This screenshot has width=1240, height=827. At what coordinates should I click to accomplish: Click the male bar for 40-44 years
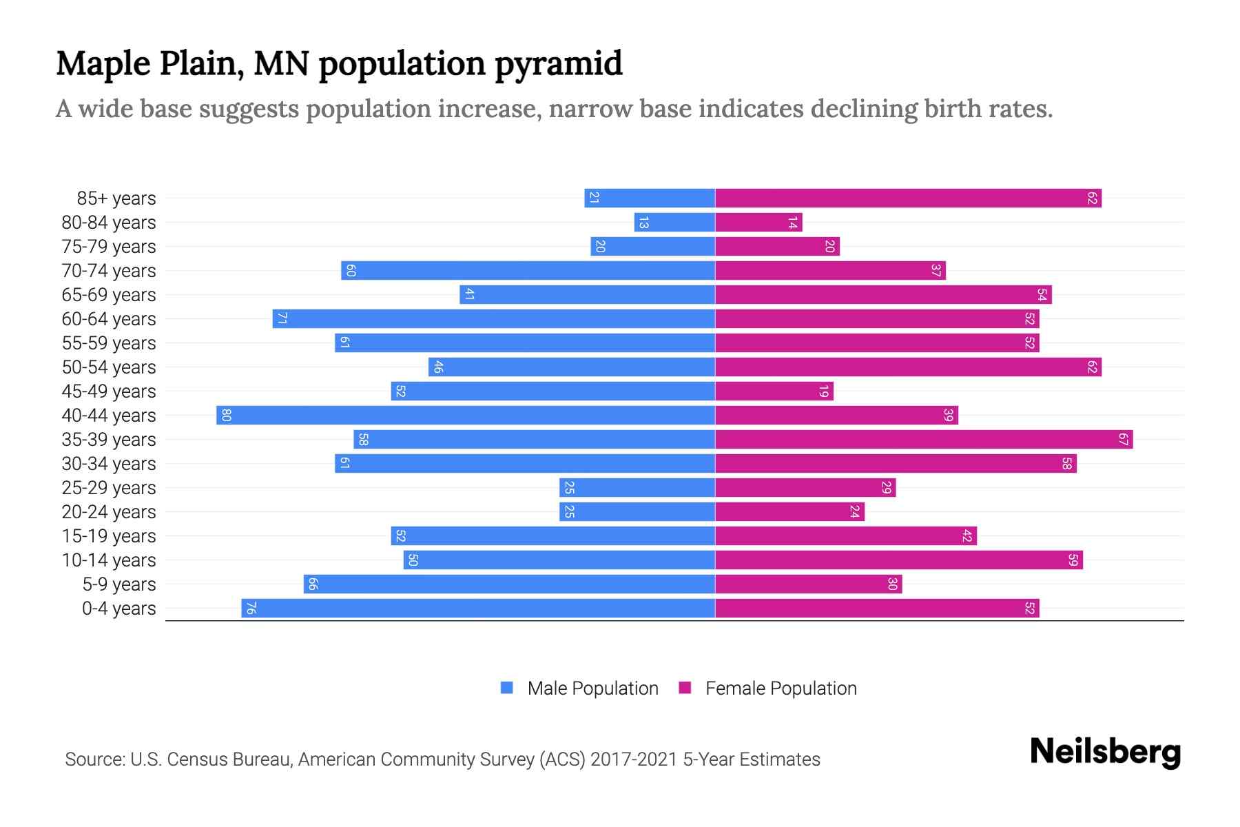coord(466,416)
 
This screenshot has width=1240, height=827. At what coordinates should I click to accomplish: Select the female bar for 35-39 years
coord(924,440)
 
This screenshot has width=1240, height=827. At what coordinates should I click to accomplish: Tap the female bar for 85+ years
coord(908,198)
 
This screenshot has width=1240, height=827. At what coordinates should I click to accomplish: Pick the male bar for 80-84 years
coord(674,223)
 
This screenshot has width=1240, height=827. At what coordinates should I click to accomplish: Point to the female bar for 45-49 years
coord(774,391)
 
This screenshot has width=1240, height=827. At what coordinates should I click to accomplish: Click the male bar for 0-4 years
coord(478,609)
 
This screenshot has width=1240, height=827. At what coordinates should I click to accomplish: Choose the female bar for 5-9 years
coord(809,584)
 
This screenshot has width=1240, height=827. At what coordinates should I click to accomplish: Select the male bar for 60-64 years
coord(494,319)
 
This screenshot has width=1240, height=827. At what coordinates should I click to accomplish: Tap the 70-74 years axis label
coord(109,271)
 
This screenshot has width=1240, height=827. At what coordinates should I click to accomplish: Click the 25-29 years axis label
coord(109,488)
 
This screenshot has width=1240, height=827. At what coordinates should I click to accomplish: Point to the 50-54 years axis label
coord(109,367)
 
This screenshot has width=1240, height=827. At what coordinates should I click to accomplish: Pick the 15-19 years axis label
coord(109,536)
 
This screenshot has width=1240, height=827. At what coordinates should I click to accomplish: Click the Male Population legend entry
coord(592,688)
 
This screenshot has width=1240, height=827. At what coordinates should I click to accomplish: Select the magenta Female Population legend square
coord(685,688)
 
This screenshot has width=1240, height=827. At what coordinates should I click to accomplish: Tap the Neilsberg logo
coord(1105,752)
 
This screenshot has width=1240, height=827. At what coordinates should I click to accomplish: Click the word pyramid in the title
coord(559,64)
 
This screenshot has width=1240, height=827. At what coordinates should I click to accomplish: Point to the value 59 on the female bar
coord(1073,560)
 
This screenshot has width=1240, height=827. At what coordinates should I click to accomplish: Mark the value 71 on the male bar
coord(281,319)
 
